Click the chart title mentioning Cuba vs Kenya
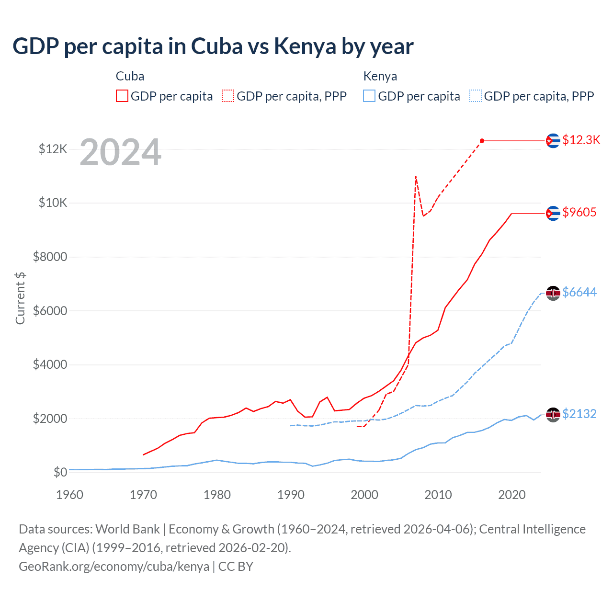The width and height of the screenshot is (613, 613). tap(213, 46)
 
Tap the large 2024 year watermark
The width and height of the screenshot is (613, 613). tap(120, 152)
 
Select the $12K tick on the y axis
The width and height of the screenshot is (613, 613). tap(53, 149)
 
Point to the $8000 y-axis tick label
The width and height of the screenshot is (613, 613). tap(50, 257)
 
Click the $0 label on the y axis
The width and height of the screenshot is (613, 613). tap(60, 473)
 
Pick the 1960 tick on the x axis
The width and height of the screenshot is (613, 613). tap(69, 495)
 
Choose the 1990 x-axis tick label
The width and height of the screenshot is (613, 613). tap(291, 495)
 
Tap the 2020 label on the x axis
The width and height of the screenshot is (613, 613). tap(511, 495)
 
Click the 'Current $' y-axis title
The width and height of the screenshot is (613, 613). tap(20, 298)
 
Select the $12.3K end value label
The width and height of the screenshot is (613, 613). tap(581, 140)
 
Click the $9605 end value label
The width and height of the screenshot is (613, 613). tap(579, 212)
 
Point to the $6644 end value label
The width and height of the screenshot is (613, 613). tap(579, 292)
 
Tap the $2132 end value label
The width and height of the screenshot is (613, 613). tap(579, 414)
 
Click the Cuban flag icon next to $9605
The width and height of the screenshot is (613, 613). tap(553, 213)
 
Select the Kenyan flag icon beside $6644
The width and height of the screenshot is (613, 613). tap(553, 293)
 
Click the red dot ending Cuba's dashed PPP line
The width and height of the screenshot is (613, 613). tap(482, 141)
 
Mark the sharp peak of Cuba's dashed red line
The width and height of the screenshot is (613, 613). tap(416, 176)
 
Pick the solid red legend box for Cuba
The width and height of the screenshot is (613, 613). tap(122, 96)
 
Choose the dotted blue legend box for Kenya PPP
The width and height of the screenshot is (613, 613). tap(476, 96)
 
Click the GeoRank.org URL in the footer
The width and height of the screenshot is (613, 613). tap(114, 567)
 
